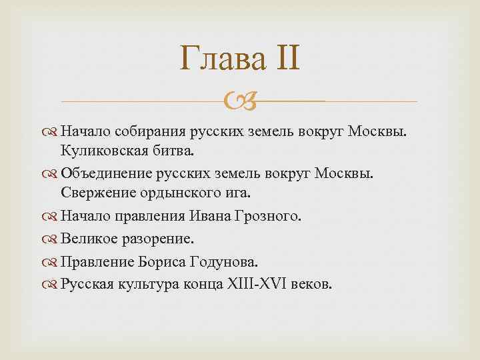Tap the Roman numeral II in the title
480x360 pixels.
[285, 61]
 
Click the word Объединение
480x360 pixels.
[106, 173]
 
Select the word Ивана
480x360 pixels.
[210, 216]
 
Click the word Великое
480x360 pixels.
[87, 239]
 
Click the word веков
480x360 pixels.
[313, 284]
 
